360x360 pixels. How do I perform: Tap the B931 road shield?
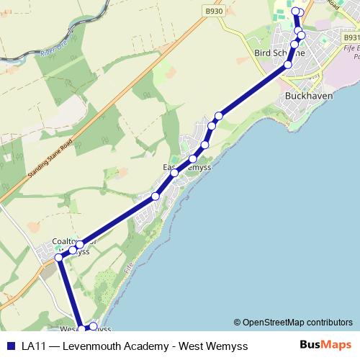coord(350,37)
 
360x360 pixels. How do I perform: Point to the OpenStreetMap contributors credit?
coord(293,323)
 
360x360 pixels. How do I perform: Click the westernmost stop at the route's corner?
coord(59,257)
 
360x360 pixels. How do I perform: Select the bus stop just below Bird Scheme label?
coord(288,65)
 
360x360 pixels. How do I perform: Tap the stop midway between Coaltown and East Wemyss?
coord(155,197)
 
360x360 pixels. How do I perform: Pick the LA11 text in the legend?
coord(32,346)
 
